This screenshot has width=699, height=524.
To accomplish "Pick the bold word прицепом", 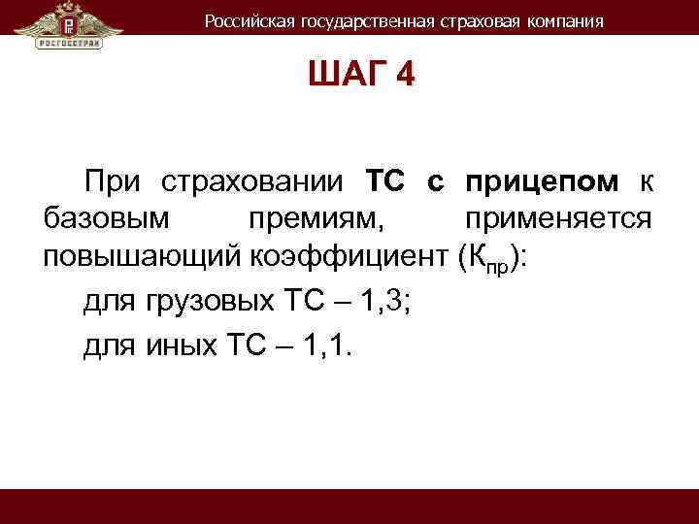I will pos(541,180).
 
